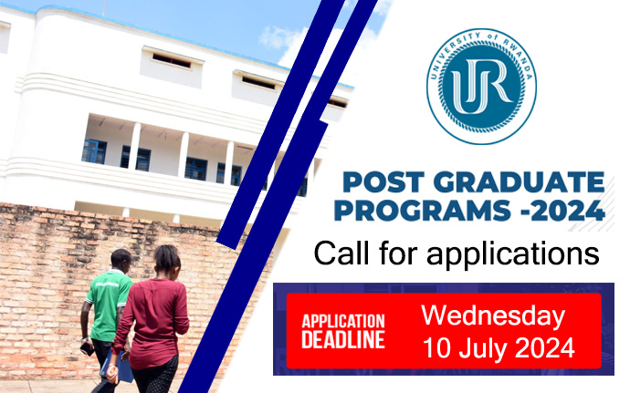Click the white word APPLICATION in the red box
[343, 321]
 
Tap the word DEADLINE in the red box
[343, 340]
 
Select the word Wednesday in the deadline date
[493, 316]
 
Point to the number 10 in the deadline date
[437, 347]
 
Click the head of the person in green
[121, 258]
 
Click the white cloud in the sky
[283, 36]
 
